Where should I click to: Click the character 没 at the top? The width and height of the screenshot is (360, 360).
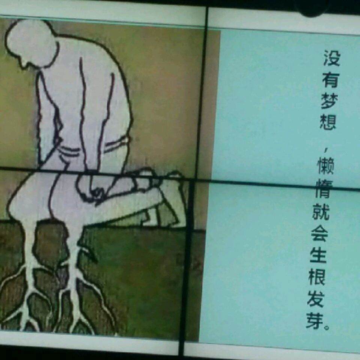point(332,58)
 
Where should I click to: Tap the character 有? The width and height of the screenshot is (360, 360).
point(330,79)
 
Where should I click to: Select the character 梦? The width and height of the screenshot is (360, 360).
point(329,101)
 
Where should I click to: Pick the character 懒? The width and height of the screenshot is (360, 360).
point(325,166)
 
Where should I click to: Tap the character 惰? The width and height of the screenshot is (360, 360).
point(324,189)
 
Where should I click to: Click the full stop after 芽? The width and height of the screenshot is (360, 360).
point(326,327)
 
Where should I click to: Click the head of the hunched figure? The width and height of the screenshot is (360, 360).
point(31,43)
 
